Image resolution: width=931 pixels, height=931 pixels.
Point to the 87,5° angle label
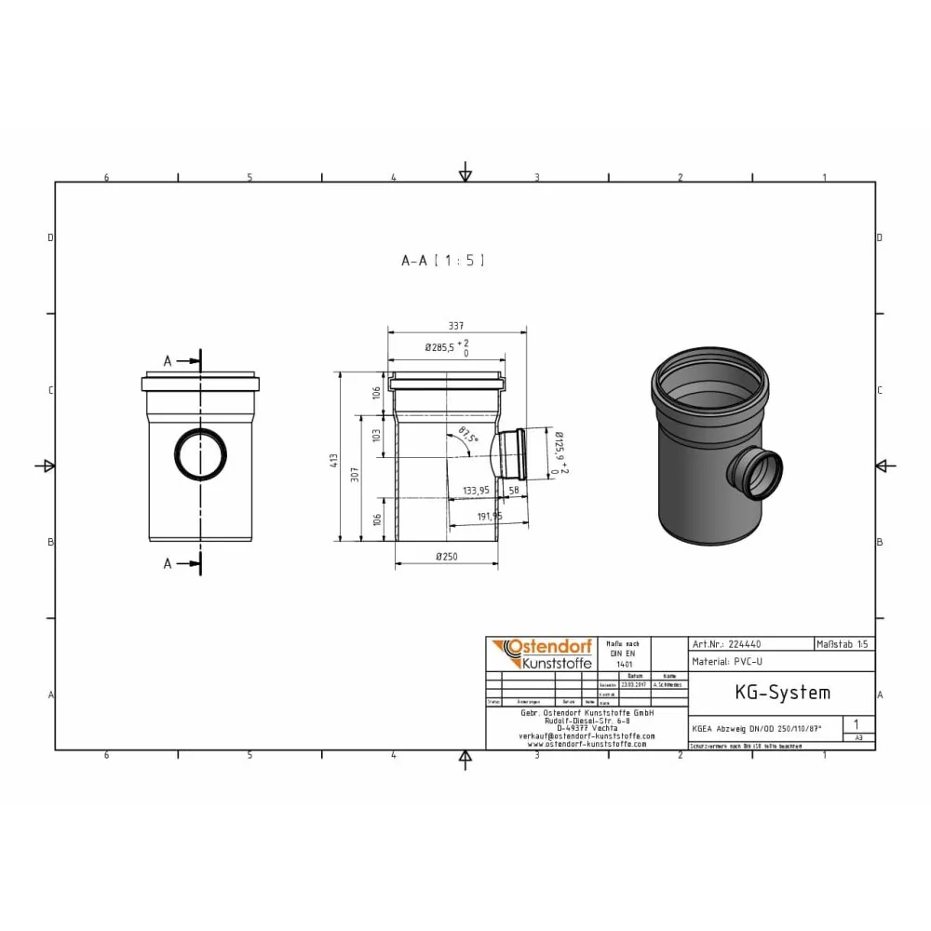(468, 435)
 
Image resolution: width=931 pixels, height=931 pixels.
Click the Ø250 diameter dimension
(446, 557)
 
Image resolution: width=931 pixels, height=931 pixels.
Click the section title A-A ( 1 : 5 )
(442, 262)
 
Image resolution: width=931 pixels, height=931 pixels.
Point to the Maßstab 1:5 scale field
(843, 643)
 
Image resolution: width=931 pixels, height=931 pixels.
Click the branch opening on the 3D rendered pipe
(757, 472)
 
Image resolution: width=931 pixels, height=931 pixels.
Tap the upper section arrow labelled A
(182, 360)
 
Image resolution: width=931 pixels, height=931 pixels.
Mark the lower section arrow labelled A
(182, 562)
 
